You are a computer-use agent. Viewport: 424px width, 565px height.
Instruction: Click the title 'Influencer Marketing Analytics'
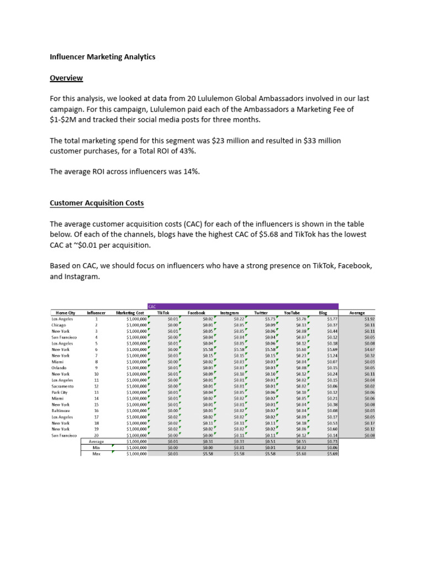point(103,57)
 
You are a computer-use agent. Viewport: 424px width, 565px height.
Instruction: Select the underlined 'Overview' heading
point(66,78)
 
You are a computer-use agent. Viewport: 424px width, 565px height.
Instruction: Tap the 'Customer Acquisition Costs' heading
point(97,203)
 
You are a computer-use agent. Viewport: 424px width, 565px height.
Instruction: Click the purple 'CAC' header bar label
point(153,306)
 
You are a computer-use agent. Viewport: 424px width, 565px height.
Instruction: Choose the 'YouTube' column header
point(291,313)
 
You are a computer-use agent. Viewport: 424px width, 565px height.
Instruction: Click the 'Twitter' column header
point(261,313)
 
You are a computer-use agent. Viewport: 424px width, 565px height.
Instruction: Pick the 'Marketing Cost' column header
point(130,313)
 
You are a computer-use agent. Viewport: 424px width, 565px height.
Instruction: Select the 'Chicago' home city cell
point(59,324)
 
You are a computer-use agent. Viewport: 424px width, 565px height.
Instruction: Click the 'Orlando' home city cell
point(59,367)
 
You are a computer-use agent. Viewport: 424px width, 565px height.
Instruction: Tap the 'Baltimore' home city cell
point(61,411)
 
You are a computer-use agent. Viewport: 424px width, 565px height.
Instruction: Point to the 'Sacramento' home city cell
point(62,386)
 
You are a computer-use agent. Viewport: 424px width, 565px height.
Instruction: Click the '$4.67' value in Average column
point(368,349)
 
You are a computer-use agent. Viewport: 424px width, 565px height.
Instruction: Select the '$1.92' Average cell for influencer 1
point(368,318)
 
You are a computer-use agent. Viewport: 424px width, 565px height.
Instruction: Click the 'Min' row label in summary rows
point(97,447)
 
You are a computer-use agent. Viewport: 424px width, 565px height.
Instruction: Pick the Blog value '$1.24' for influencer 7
point(332,355)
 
